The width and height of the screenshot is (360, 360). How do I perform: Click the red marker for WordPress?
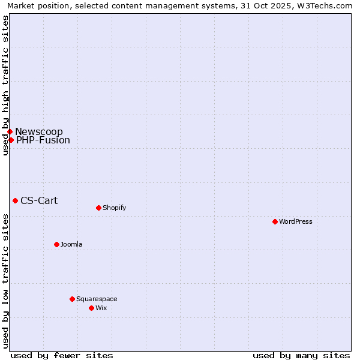[x=275, y=221]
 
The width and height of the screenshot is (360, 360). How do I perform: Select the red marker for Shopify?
[x=98, y=208]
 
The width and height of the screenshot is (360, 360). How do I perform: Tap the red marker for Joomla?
[x=56, y=244]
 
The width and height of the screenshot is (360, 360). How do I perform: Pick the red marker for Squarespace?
[x=72, y=299]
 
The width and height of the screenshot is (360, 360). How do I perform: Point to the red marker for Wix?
[x=91, y=308]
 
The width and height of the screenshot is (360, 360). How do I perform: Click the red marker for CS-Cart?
[x=15, y=200]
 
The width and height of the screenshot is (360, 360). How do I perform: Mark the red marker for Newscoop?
[x=10, y=131]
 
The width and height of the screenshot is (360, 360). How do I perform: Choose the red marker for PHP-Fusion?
[x=11, y=140]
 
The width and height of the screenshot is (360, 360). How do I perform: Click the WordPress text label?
[x=296, y=221]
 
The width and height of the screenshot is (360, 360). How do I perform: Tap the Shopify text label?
[x=115, y=208]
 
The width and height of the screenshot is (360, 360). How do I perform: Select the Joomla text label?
[x=71, y=244]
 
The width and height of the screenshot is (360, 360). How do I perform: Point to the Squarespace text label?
[x=97, y=299]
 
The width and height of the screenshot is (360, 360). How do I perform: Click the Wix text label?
[x=101, y=308]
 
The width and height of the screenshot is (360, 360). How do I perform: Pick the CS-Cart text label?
[x=39, y=200]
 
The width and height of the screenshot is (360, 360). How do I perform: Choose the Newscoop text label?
[x=39, y=131]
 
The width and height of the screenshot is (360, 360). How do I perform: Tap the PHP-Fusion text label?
[x=43, y=140]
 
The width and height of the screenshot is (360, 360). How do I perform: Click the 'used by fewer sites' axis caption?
[x=62, y=355]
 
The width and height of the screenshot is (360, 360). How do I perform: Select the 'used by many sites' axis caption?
[x=301, y=355]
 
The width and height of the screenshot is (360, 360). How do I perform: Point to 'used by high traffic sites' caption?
[x=5, y=85]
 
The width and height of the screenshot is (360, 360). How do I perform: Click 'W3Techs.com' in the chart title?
[x=325, y=5]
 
